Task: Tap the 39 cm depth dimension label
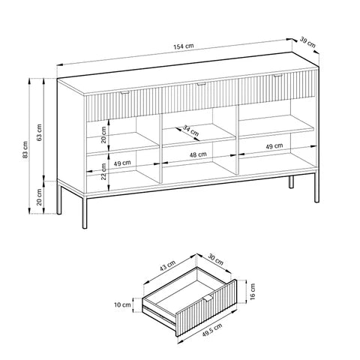308,43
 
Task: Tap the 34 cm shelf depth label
190,132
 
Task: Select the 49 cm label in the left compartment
122,162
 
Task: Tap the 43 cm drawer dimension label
166,267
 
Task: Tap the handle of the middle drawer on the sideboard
199,85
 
